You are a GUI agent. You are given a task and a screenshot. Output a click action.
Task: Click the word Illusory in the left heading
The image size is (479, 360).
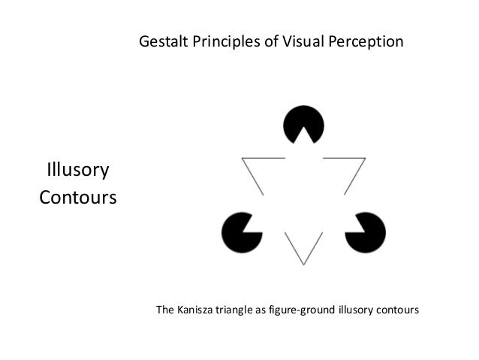78,171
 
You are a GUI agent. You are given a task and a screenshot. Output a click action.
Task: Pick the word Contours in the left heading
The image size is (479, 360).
78,199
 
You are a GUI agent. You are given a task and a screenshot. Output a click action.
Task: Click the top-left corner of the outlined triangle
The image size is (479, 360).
243,159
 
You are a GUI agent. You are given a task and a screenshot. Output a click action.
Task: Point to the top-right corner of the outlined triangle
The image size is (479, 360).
364,159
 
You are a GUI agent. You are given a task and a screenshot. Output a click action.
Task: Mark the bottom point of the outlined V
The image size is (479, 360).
303,264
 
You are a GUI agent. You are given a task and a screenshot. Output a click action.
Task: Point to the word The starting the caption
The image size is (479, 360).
164,309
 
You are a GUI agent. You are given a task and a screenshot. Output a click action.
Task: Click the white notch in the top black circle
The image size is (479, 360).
303,136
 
